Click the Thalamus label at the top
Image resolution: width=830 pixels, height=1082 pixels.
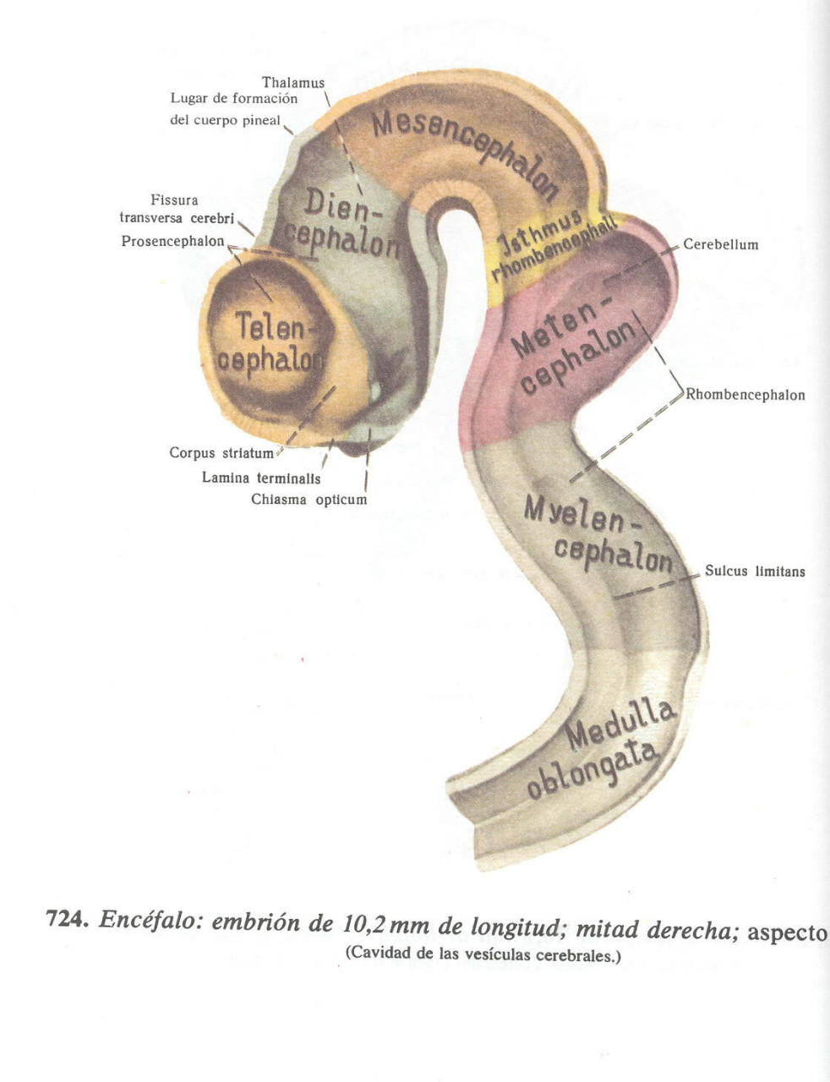pos(292,83)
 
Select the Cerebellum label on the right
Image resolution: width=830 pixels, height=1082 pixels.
pos(720,245)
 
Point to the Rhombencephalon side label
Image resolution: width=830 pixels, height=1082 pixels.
pos(745,395)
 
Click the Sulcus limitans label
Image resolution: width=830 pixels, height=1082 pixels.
pos(754,571)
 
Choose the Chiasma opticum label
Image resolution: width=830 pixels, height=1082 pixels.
pos(309,500)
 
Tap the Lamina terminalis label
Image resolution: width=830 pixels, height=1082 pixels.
pos(260,478)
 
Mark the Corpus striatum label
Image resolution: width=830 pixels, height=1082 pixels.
pos(221,453)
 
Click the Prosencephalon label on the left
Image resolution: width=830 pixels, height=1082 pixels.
pos(172,242)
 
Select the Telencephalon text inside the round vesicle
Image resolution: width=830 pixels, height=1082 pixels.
pos(269,342)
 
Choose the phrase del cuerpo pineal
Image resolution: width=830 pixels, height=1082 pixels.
pos(225,120)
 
